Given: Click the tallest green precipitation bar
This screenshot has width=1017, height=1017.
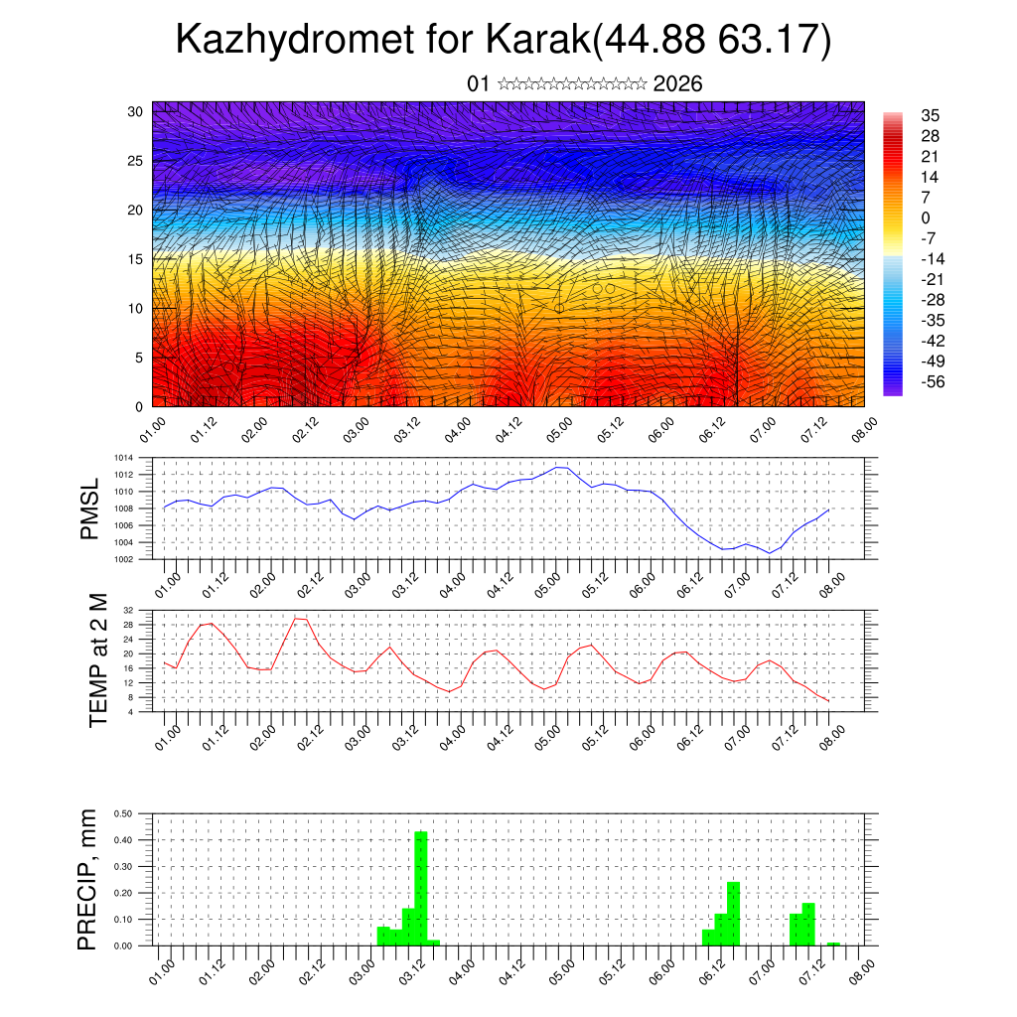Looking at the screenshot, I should [x=421, y=886].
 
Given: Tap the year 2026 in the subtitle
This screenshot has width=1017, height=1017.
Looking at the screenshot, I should [x=678, y=84].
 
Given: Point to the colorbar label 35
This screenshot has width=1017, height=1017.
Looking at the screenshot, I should [x=931, y=115].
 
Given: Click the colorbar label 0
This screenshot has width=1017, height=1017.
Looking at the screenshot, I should [x=926, y=218].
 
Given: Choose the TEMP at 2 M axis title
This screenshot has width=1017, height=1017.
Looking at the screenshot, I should [x=98, y=659].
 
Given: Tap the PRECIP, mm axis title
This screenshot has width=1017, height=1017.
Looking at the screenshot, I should [x=89, y=879].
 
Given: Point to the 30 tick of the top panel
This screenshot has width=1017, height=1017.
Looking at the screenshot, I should [x=135, y=111].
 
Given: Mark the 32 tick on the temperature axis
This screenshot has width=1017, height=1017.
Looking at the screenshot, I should [x=128, y=610].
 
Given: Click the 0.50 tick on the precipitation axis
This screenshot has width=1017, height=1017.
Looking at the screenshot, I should [x=124, y=813].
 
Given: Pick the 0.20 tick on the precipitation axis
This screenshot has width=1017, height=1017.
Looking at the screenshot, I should [x=124, y=893].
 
